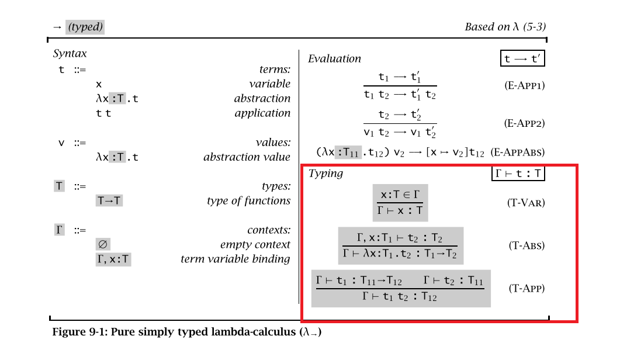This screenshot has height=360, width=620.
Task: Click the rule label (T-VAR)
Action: (525, 203)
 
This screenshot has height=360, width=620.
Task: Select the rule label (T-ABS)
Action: (527, 245)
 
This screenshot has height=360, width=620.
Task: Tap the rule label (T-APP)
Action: (527, 288)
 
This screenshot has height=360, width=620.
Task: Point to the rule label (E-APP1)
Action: (524, 85)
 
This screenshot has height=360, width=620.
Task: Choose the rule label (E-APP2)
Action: (524, 123)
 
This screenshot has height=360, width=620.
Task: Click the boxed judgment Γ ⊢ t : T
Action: (518, 173)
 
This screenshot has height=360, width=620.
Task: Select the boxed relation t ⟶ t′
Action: (523, 58)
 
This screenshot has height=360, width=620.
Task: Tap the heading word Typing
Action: (325, 173)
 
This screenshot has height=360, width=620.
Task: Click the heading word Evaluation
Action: (334, 58)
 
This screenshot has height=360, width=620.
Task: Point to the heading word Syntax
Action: (70, 54)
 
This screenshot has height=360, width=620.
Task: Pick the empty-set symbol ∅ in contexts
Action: (102, 244)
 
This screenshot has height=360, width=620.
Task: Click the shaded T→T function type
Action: (109, 201)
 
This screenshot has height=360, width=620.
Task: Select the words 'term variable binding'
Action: (235, 259)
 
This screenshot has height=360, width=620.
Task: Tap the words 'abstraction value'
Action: (247, 157)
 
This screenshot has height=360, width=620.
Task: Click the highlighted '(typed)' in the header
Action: (85, 27)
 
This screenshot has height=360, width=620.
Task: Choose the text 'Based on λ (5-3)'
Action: (505, 27)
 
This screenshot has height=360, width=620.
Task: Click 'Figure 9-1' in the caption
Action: (76, 333)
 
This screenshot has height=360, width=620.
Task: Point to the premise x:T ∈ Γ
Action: (400, 195)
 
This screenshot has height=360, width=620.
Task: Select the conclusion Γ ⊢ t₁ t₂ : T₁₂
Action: (400, 297)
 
